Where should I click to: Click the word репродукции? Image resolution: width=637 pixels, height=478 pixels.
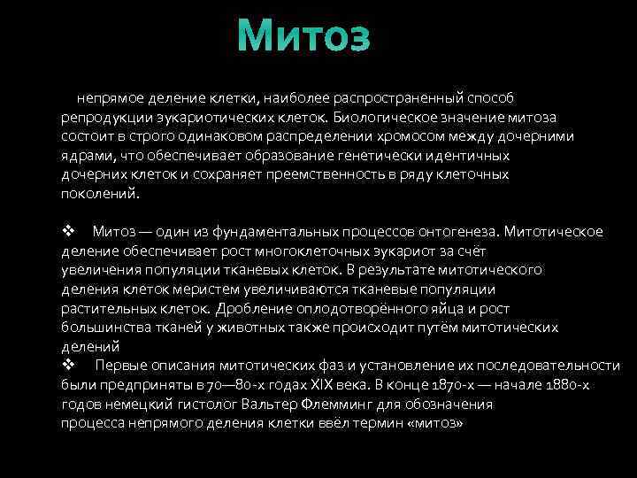(106, 116)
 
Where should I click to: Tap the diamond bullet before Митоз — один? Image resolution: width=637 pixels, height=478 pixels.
(69, 231)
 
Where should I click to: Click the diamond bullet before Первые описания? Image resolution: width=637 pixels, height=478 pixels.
(69, 366)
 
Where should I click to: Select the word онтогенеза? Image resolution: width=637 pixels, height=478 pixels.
(455, 231)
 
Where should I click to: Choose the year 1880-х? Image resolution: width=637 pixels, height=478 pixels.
(572, 385)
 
